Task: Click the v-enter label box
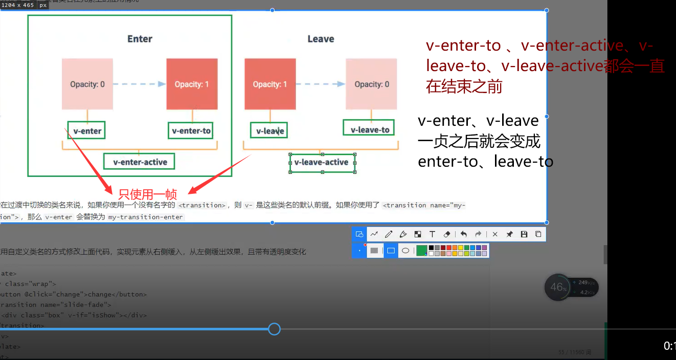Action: (x=87, y=130)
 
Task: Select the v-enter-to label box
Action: (x=191, y=130)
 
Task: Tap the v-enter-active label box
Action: (x=140, y=162)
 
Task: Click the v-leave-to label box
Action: (x=370, y=130)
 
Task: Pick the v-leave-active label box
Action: (x=322, y=162)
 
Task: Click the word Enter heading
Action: (x=140, y=39)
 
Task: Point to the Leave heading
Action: (x=321, y=39)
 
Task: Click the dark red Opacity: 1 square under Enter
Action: (x=192, y=84)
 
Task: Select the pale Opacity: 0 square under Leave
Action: (x=371, y=84)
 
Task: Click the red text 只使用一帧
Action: (x=147, y=194)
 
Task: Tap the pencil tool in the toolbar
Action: (x=389, y=234)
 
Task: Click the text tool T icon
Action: (x=432, y=234)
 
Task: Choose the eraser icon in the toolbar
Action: (x=447, y=234)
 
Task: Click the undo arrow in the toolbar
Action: (x=463, y=234)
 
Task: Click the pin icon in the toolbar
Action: (x=509, y=234)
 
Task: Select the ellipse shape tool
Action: (x=405, y=251)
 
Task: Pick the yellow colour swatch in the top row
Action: (x=461, y=247)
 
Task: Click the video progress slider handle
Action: (x=274, y=329)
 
